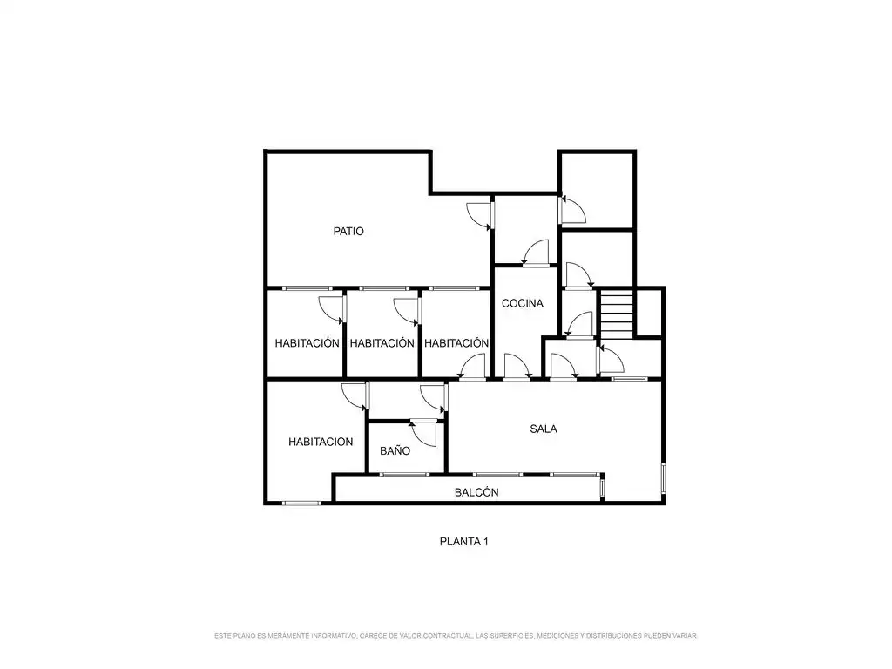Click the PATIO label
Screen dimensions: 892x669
(348, 231)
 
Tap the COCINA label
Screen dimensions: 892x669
(523, 303)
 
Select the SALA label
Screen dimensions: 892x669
(544, 429)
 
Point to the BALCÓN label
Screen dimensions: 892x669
(476, 492)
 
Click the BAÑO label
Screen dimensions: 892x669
(395, 450)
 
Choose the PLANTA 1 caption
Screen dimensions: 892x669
(463, 542)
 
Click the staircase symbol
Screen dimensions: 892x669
(617, 314)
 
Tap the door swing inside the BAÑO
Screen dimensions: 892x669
(423, 434)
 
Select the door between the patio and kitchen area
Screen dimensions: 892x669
(480, 216)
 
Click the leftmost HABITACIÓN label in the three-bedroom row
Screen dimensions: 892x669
(307, 343)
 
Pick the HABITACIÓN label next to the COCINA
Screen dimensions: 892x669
(456, 343)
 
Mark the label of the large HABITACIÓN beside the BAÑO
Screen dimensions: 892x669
(321, 442)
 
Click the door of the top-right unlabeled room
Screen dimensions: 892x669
(572, 209)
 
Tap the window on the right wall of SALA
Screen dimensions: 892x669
(663, 478)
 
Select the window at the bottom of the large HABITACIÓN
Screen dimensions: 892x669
(301, 503)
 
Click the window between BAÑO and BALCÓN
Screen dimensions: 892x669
(404, 475)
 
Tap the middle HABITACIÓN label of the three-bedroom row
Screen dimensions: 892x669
(382, 343)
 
